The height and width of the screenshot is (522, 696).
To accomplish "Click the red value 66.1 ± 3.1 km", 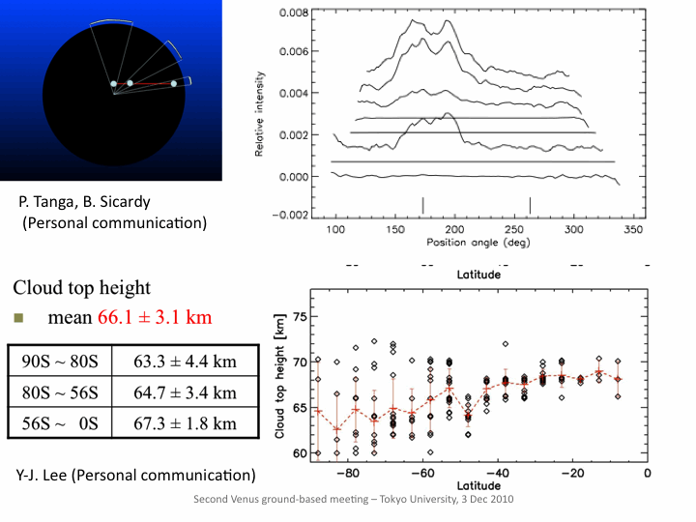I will click(x=155, y=318).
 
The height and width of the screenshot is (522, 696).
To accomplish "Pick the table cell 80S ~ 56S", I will click(x=59, y=392).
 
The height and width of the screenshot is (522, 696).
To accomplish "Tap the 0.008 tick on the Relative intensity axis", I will click(x=293, y=14).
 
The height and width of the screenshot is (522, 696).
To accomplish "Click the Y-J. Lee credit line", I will click(x=136, y=476).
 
